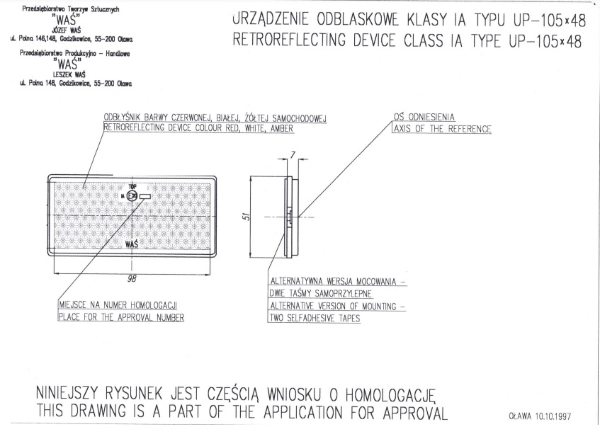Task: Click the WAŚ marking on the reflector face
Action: tap(131, 244)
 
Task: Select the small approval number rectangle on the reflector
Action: tap(146, 196)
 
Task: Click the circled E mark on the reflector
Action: tap(132, 197)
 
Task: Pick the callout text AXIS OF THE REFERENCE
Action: tap(442, 129)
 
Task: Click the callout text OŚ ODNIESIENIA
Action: tap(425, 117)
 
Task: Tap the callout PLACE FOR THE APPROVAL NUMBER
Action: tap(121, 317)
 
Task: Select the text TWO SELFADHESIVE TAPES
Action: tap(315, 319)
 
